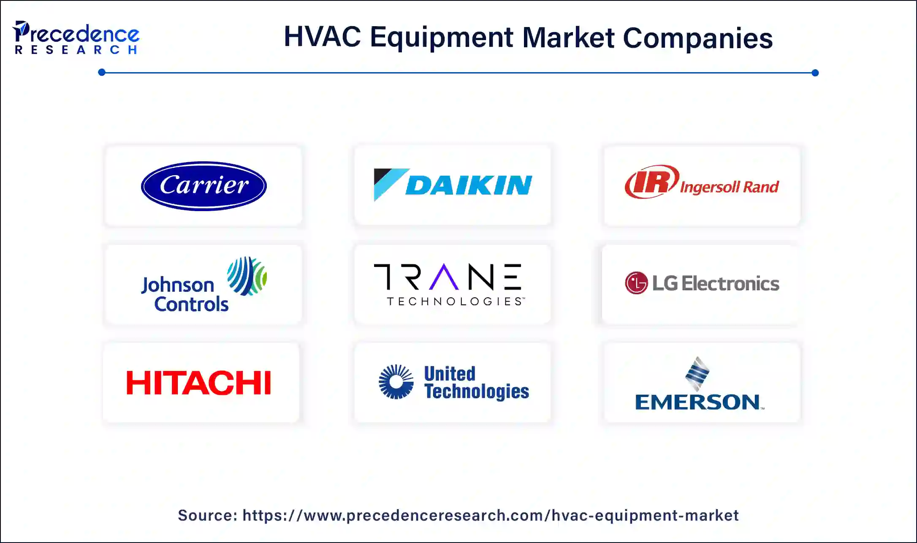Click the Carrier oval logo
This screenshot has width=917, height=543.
(x=203, y=186)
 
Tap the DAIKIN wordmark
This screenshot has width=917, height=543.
(x=469, y=185)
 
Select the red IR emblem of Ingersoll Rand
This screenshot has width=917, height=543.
(x=651, y=182)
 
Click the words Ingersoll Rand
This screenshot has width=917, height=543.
(x=729, y=187)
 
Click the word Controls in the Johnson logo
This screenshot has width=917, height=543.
(x=191, y=304)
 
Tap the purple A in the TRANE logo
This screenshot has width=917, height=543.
(x=443, y=277)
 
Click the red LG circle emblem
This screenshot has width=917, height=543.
(x=636, y=283)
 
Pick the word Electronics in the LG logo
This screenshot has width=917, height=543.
(x=730, y=283)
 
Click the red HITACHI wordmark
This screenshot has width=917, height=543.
(x=199, y=383)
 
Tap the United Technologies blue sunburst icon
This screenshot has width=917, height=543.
(x=396, y=382)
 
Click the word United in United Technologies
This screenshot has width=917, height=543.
(x=450, y=374)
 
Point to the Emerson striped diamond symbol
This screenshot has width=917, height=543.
(x=697, y=373)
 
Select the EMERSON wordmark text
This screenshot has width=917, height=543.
(x=697, y=402)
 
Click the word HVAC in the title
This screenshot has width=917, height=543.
(x=322, y=37)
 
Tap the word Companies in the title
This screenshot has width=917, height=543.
(x=697, y=38)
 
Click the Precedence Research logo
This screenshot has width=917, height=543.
(x=76, y=38)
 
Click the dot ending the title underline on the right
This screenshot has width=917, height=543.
(x=815, y=73)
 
